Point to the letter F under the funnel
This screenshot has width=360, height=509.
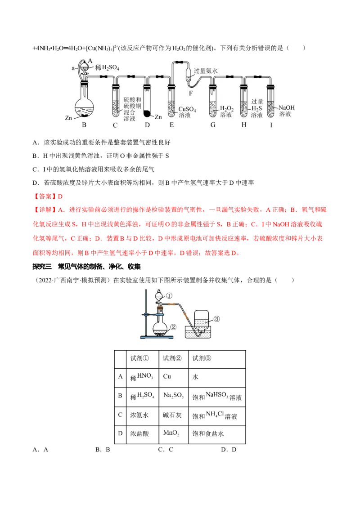click(x=190, y=93)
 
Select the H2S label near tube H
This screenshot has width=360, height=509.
click(x=257, y=108)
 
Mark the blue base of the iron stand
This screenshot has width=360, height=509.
click(x=155, y=337)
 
